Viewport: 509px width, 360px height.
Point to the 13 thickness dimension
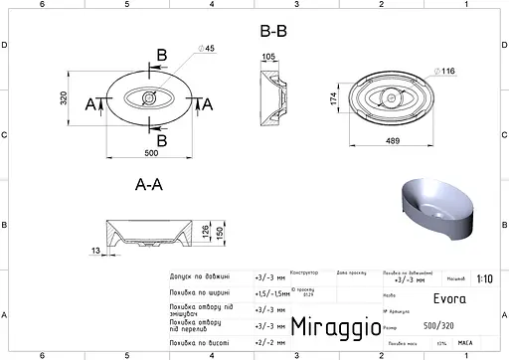pyautogui.click(x=94, y=253)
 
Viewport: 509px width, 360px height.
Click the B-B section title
pyautogui.click(x=273, y=31)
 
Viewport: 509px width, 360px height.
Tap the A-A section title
pyautogui.click(x=149, y=184)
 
